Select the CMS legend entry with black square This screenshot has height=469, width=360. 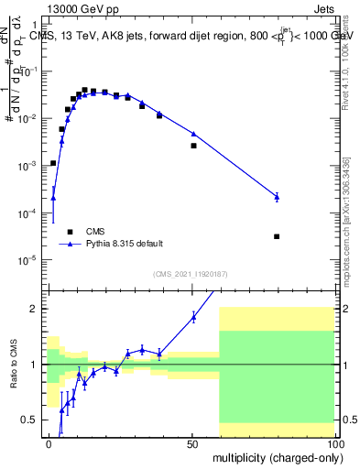point(94,231)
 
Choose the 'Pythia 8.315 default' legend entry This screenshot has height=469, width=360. point(125,244)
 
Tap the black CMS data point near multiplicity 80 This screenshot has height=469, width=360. point(277,236)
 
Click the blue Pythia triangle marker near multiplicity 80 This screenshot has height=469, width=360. point(277,196)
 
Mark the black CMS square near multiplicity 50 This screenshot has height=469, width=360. point(193,146)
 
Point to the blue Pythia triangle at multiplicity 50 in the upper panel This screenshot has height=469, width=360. point(193,134)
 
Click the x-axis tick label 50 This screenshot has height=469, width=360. point(192,443)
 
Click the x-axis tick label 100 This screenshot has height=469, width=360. point(333,443)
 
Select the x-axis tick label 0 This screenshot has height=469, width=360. point(49,443)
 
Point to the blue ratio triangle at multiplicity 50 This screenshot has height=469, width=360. point(193,317)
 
